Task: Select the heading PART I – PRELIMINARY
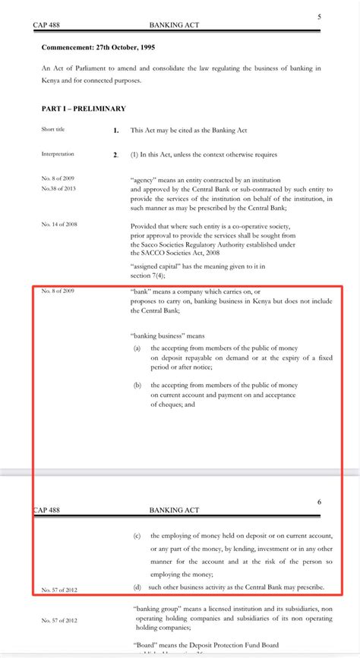point(84,109)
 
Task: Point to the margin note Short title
point(53,130)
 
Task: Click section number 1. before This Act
point(115,131)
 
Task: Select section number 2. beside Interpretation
point(115,155)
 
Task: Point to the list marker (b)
point(137,385)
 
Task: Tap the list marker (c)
point(137,536)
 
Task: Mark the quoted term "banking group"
point(156,609)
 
